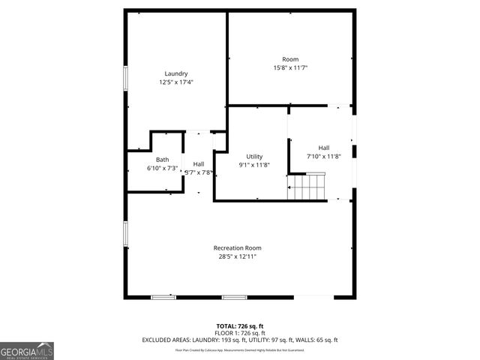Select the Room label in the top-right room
click(290, 59)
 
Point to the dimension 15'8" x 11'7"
click(290, 68)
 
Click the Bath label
click(162, 160)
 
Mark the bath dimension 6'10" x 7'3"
click(162, 168)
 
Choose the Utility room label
click(254, 156)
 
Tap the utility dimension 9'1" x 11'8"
click(254, 165)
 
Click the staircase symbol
click(307, 185)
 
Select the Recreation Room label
click(237, 247)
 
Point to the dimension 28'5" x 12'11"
click(237, 256)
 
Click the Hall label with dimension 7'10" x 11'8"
click(323, 148)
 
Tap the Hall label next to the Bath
click(199, 163)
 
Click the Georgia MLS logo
click(27, 350)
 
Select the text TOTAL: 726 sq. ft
click(239, 326)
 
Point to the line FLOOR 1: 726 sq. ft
click(239, 333)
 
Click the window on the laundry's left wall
click(126, 78)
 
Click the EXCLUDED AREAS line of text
click(239, 340)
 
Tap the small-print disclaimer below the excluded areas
click(239, 349)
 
